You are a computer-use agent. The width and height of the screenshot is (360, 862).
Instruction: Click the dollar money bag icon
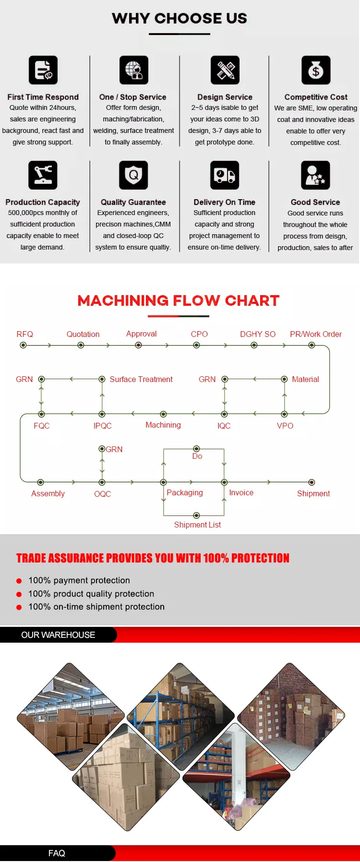[316, 70]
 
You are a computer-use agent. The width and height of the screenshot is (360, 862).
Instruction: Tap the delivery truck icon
[225, 175]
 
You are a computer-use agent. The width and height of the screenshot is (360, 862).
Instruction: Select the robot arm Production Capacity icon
[43, 175]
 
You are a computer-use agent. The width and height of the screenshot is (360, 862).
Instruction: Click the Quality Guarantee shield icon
[133, 175]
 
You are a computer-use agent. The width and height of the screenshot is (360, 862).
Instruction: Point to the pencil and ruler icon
[225, 70]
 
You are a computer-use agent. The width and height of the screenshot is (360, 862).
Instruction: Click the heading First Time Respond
[43, 97]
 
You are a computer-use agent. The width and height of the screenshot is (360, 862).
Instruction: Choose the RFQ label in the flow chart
[24, 334]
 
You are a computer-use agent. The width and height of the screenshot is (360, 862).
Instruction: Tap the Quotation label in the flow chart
[83, 334]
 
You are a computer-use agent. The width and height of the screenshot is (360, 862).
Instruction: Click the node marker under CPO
[196, 345]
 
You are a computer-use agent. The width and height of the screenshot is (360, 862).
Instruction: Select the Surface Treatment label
[141, 379]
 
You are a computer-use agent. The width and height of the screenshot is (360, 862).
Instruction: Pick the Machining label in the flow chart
[163, 425]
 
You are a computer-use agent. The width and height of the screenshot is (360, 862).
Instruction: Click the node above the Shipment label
[312, 482]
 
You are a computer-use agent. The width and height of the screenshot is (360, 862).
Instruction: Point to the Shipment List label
[197, 525]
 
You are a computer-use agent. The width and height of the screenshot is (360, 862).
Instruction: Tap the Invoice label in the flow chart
[241, 492]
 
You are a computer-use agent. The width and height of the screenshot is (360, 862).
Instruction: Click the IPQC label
[102, 426]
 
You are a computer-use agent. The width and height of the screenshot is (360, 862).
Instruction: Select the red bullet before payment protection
[19, 581]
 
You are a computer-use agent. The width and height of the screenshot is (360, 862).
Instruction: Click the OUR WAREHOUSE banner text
[58, 635]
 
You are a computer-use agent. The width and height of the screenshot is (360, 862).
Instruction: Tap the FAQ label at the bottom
[57, 853]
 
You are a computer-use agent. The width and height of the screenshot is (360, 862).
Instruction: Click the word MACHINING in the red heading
[123, 300]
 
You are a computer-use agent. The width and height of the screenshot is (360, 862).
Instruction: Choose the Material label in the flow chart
[305, 379]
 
